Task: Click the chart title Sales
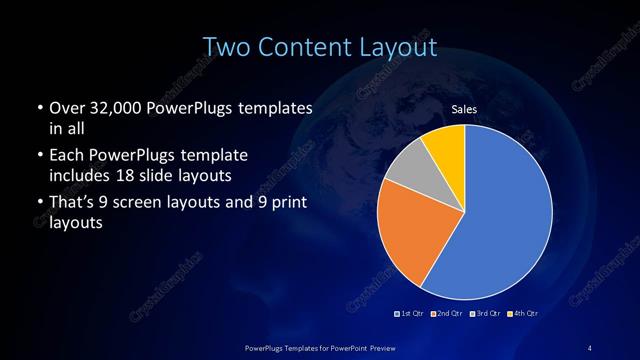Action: [x=464, y=108]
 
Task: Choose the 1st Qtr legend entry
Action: [x=410, y=314]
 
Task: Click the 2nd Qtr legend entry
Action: [x=447, y=314]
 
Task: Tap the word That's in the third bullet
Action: [x=74, y=205]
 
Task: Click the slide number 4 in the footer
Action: [x=590, y=347]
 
